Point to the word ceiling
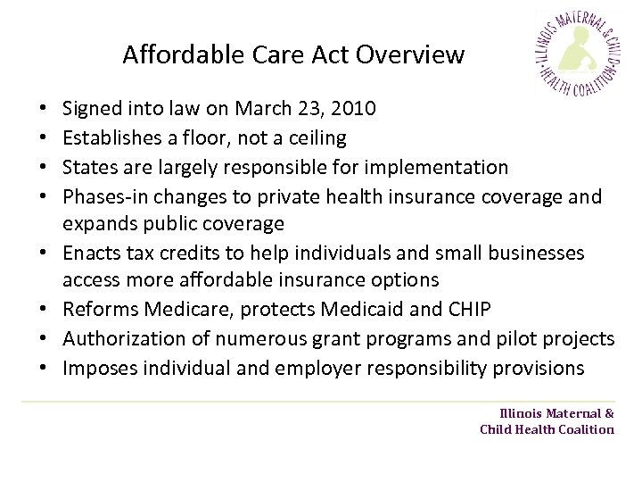[315, 137]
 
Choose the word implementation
[445, 167]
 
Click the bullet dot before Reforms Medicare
[45, 310]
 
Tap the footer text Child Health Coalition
[547, 429]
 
